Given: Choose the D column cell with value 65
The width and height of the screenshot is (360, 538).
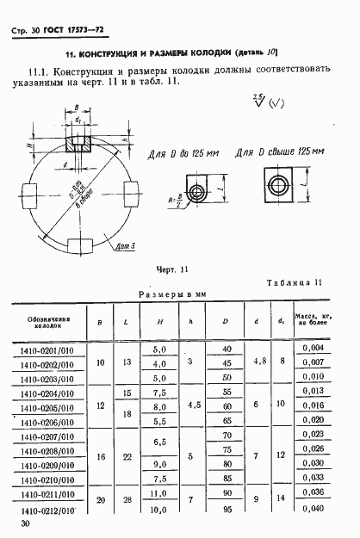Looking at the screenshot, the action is [x=227, y=421].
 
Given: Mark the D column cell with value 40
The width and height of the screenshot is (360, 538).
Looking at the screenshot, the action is [x=227, y=348].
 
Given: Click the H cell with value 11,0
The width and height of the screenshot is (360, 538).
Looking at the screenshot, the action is [x=158, y=493].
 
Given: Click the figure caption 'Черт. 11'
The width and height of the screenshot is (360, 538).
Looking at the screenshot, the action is [x=171, y=269].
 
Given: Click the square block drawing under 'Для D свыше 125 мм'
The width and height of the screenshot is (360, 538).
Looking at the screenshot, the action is [x=279, y=184].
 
